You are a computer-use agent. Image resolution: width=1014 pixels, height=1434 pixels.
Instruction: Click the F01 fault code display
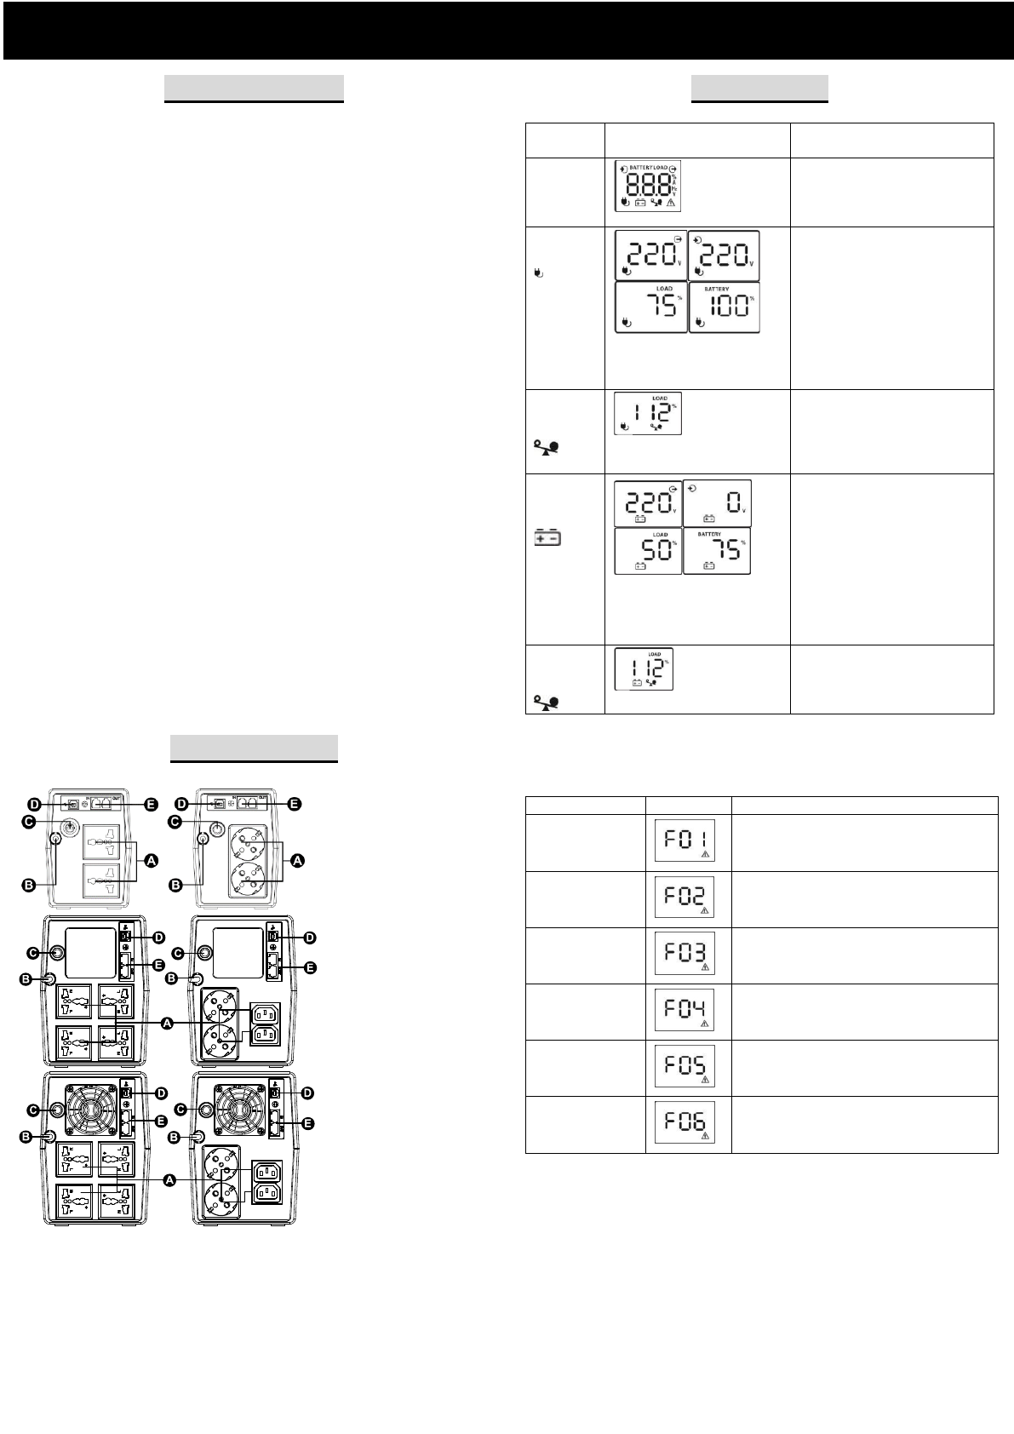(x=685, y=840)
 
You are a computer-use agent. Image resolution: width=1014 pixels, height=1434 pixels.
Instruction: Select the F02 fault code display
(x=685, y=897)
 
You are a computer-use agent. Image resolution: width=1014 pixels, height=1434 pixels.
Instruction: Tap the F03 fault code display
(x=685, y=954)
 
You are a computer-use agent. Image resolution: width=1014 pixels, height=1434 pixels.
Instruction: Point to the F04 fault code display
(x=685, y=1010)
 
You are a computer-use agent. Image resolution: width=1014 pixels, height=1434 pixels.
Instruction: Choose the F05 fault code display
(x=685, y=1066)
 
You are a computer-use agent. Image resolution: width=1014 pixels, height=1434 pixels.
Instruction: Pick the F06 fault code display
(x=685, y=1122)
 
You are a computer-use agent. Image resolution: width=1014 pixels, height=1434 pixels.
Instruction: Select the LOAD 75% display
(x=650, y=307)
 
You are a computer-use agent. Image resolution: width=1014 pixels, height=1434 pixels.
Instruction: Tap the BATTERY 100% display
(x=724, y=307)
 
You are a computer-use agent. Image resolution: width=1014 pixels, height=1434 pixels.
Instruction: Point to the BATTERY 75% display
(x=717, y=551)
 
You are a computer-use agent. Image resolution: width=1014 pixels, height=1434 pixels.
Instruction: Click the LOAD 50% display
(x=648, y=551)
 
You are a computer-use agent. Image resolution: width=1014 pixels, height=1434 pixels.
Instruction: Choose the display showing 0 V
(x=717, y=503)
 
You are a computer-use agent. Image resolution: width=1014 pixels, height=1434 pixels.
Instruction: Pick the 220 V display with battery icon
(x=648, y=503)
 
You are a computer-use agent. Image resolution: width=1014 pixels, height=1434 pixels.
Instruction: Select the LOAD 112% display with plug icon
(x=648, y=413)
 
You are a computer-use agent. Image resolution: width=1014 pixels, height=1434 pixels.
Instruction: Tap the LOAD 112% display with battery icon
(x=644, y=668)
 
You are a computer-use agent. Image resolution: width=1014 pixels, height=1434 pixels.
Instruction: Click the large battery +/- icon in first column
(x=547, y=539)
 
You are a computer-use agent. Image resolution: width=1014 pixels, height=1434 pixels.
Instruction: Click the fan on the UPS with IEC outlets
(x=238, y=1110)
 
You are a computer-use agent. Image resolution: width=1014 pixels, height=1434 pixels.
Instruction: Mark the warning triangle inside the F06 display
(x=704, y=1135)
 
